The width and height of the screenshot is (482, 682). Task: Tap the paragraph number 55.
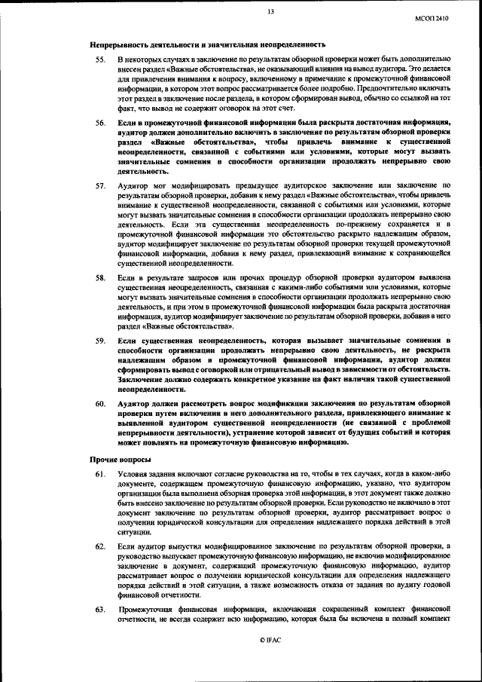tap(99, 59)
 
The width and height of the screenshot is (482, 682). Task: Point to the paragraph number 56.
tap(99, 122)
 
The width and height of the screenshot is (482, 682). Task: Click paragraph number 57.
tap(99, 185)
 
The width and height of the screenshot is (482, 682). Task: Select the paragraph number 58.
tap(99, 278)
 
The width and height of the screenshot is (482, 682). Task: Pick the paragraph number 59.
tap(99, 341)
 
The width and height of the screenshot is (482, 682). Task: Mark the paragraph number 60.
tap(99, 404)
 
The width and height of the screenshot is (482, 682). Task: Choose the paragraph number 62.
tap(99, 545)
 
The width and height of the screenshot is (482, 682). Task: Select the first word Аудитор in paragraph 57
tap(133, 185)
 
